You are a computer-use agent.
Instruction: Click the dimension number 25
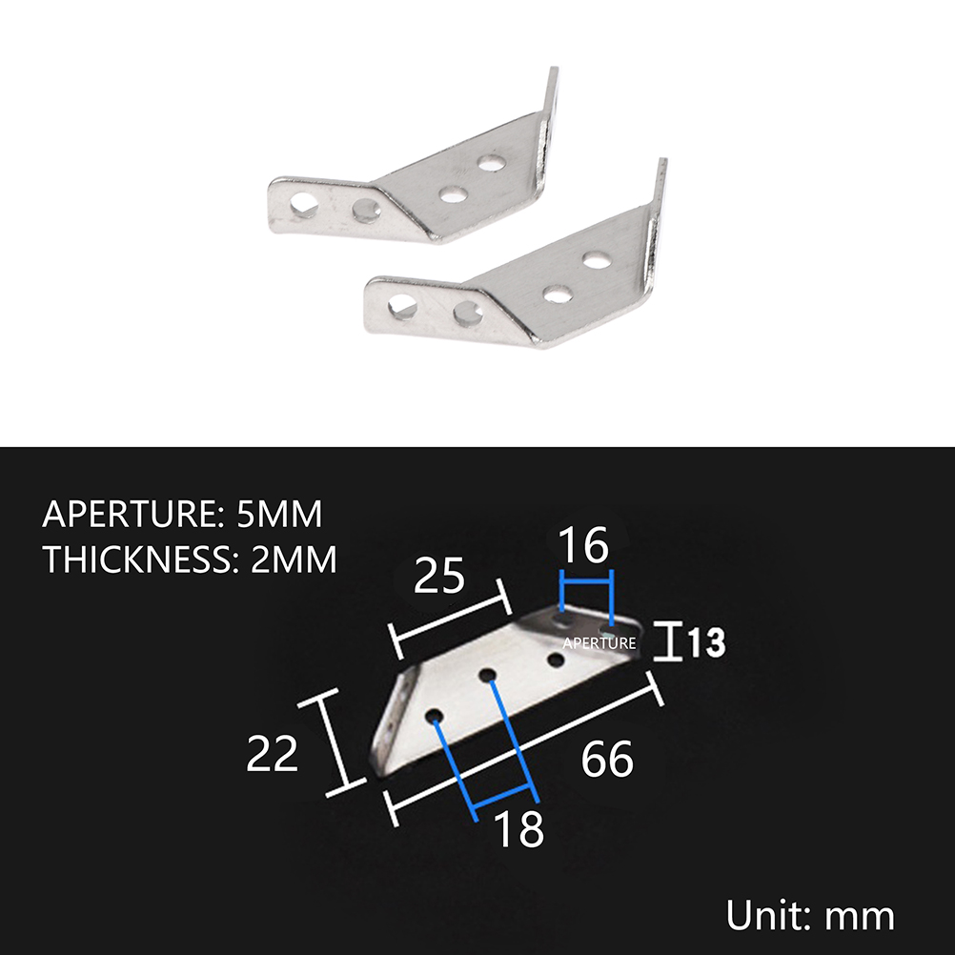pyautogui.click(x=439, y=575)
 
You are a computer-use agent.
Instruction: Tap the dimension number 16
pyautogui.click(x=583, y=545)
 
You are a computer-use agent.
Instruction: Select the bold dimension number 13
pyautogui.click(x=706, y=642)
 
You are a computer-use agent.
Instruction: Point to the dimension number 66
pyautogui.click(x=607, y=759)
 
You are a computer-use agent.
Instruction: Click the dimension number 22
pyautogui.click(x=273, y=753)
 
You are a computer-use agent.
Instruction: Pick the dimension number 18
pyautogui.click(x=519, y=828)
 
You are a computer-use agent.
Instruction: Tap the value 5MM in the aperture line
pyautogui.click(x=279, y=514)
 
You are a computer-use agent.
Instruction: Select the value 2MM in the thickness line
pyautogui.click(x=294, y=559)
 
